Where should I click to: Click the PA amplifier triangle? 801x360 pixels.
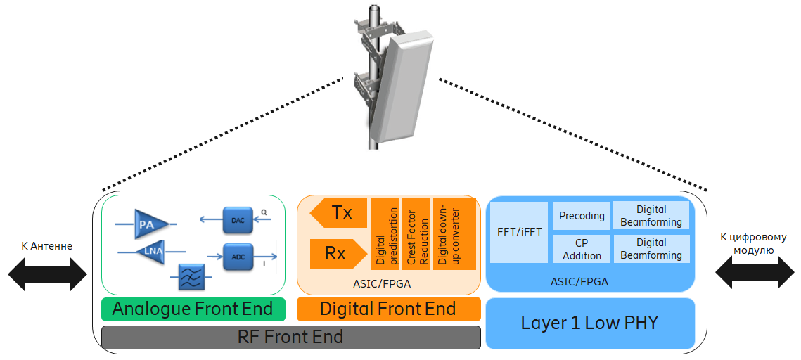click(x=148, y=224)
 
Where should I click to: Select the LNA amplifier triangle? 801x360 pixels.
click(x=148, y=250)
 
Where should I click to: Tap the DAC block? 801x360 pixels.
click(x=238, y=220)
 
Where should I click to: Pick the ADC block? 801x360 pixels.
click(x=238, y=257)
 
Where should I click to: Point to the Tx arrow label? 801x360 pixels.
click(x=339, y=212)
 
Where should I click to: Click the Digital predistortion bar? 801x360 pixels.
click(x=384, y=233)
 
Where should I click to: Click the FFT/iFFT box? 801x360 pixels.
click(x=518, y=232)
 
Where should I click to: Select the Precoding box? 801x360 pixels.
click(x=582, y=216)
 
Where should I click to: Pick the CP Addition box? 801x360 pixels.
click(x=582, y=249)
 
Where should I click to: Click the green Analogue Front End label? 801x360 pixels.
click(x=193, y=309)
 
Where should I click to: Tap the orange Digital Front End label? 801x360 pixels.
click(x=388, y=309)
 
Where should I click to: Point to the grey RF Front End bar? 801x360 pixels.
click(x=290, y=337)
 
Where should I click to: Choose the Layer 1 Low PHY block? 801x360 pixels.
click(x=589, y=323)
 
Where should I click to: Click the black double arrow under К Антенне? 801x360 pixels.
click(x=46, y=272)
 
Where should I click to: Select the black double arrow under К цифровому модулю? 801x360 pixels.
click(x=752, y=272)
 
